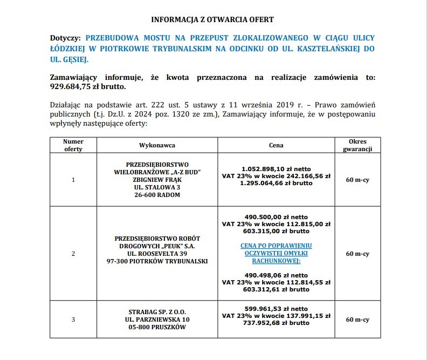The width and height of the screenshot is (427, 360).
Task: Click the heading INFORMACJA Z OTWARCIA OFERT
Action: point(212,19)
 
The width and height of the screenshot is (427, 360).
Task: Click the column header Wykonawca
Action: point(157,145)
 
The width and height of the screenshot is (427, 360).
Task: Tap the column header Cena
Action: point(276,145)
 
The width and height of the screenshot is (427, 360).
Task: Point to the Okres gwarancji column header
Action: point(357,145)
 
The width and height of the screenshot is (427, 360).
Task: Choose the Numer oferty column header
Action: point(73,145)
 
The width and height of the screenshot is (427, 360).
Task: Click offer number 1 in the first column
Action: point(73,180)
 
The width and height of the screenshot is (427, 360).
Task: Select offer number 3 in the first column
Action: point(73,320)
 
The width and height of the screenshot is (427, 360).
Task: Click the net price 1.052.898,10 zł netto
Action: point(276,169)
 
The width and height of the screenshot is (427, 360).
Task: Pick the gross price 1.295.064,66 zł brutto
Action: point(276,183)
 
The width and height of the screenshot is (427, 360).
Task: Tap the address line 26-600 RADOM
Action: point(157,194)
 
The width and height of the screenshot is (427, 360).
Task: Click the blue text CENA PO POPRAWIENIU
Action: point(276,246)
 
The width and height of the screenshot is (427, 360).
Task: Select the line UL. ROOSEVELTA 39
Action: point(157,253)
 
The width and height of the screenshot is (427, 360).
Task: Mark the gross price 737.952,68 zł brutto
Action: point(276,323)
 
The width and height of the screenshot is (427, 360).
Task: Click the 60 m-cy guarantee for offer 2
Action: point(357,253)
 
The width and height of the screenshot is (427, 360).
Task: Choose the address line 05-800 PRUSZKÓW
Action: point(157,327)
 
